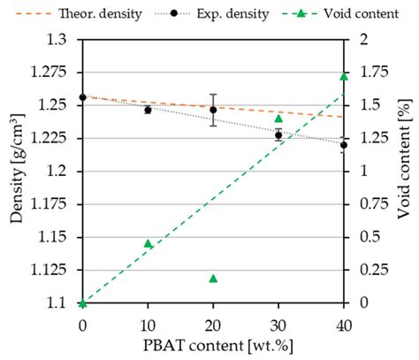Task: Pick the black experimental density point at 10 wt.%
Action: pos(148,110)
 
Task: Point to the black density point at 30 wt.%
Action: pos(278,135)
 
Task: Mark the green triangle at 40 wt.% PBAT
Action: pos(344,76)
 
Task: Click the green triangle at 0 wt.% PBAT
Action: pos(82,303)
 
